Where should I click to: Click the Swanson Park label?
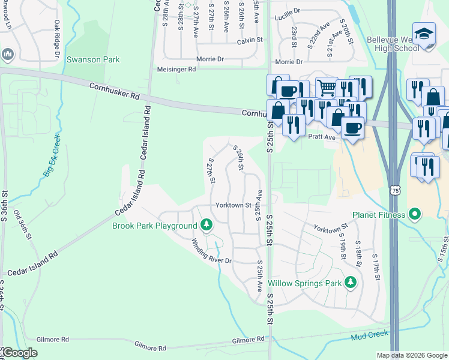(x=93, y=60)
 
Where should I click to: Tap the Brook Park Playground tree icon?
(x=206, y=225)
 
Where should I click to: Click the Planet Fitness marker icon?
(x=414, y=214)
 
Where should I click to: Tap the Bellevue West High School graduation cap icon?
(x=423, y=34)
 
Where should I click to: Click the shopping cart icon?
(x=327, y=88)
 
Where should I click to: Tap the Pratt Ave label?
(x=322, y=137)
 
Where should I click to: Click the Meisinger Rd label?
(x=176, y=70)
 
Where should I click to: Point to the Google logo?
(x=19, y=353)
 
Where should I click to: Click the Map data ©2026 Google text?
(x=412, y=355)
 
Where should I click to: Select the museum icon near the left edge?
(x=8, y=55)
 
